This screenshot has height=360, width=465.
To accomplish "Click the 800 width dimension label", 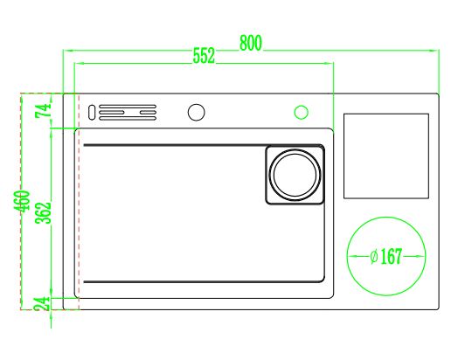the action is (x=251, y=43).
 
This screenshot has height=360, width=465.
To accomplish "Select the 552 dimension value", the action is (x=204, y=55).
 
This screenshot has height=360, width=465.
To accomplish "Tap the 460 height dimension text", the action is (x=22, y=201).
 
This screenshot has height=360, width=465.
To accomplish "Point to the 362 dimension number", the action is (x=44, y=213).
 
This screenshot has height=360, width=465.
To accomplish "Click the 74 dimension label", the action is (x=44, y=111).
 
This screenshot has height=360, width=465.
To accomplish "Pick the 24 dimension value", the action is (x=42, y=303).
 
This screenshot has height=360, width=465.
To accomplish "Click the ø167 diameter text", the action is (x=386, y=256).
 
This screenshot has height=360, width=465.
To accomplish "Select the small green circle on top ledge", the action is (x=301, y=113).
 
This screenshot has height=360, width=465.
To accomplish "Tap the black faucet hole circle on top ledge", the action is (x=197, y=113).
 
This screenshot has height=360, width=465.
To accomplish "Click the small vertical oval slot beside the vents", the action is (x=92, y=113).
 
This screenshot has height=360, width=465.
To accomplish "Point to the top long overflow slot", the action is (x=128, y=106).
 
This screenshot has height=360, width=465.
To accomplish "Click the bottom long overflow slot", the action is (x=128, y=119).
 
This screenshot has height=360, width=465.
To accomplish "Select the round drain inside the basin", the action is (x=295, y=175).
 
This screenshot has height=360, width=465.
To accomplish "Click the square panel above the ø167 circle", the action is (x=386, y=156).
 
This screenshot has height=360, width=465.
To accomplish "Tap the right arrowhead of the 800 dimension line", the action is (x=434, y=51).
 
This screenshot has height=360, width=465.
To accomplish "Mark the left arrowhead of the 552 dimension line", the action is (x=79, y=63).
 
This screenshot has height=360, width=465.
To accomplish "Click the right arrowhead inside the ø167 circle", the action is (x=420, y=256).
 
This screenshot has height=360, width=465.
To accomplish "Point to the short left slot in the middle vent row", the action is (x=111, y=113).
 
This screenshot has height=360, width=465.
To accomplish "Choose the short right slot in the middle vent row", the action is (x=148, y=113).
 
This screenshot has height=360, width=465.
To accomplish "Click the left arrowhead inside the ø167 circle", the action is (x=352, y=256).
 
